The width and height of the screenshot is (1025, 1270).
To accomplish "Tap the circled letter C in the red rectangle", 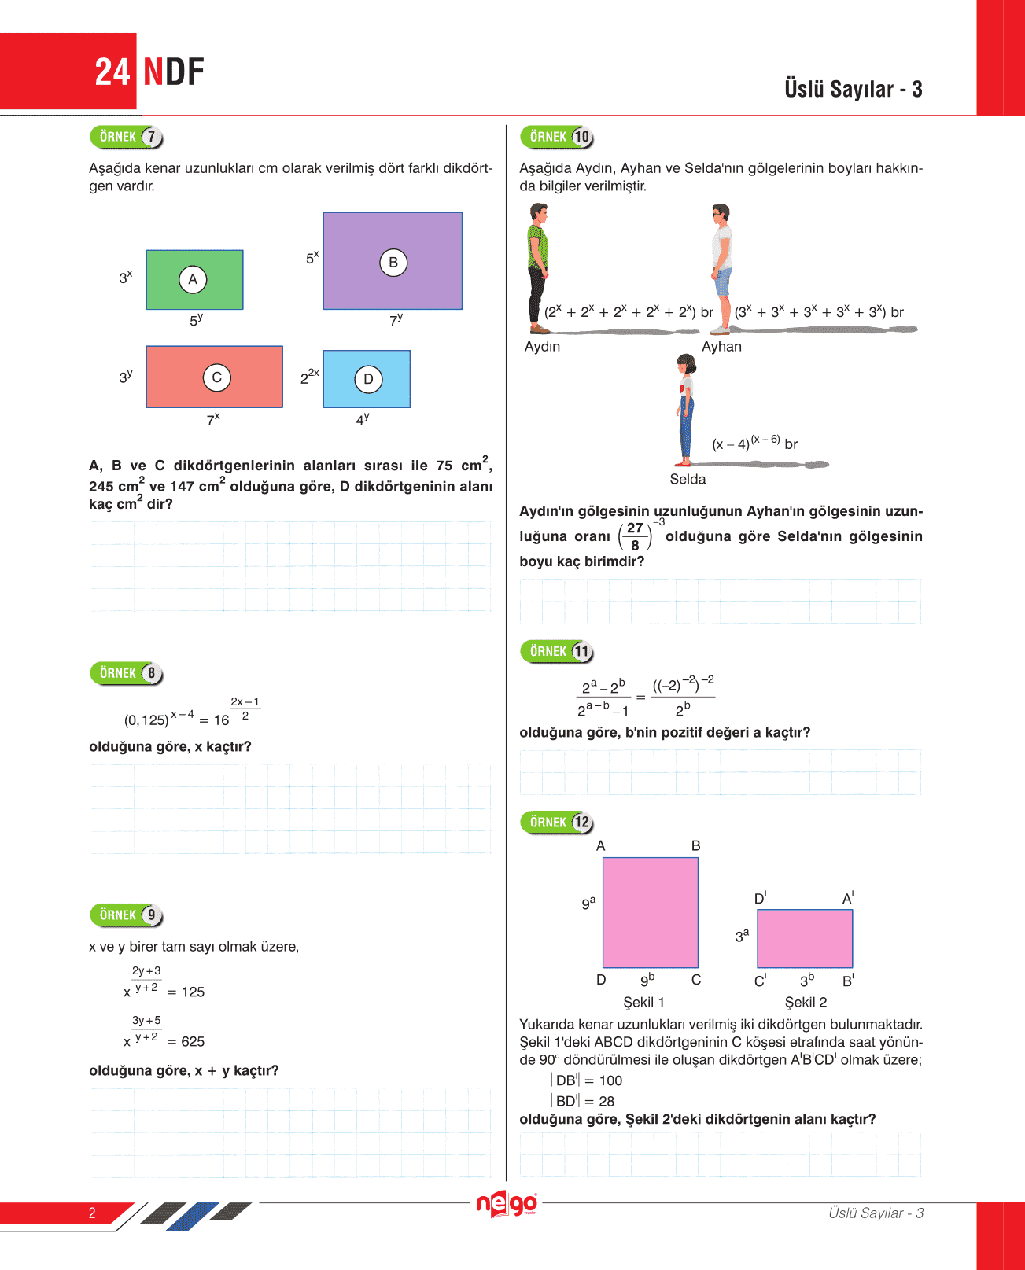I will pyautogui.click(x=216, y=377).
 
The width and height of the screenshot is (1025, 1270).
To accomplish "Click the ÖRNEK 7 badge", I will pyautogui.click(x=126, y=137).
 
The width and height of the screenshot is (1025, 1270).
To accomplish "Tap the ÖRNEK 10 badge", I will pyautogui.click(x=556, y=137).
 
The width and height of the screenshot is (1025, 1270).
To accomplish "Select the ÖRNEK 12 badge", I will pyautogui.click(x=556, y=823).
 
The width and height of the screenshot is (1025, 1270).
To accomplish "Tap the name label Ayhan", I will pyautogui.click(x=721, y=347).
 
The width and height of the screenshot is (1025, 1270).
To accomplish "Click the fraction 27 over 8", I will pyautogui.click(x=635, y=536).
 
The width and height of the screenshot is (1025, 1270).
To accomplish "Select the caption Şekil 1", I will pyautogui.click(x=643, y=1003).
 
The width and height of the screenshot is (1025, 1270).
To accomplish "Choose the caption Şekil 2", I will pyautogui.click(x=806, y=1003).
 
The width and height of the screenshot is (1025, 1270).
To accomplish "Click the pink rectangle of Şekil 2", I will pyautogui.click(x=805, y=938).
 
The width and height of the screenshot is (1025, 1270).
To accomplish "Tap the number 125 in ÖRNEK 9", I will pyautogui.click(x=193, y=992).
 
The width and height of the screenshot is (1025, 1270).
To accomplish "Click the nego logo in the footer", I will pyautogui.click(x=507, y=1204).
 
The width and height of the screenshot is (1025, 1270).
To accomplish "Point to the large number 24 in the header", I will pyautogui.click(x=112, y=72).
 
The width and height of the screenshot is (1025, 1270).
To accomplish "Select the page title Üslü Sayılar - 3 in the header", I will pyautogui.click(x=853, y=89).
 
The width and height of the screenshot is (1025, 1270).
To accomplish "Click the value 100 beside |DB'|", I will pyautogui.click(x=610, y=1081).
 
